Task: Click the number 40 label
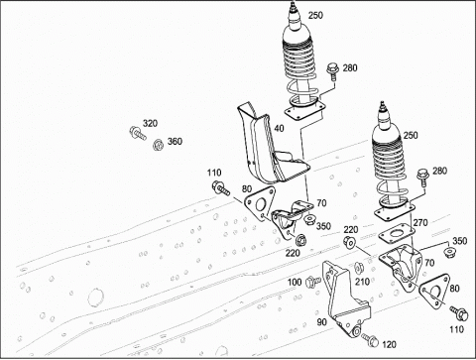coord(279,128)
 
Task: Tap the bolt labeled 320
coord(137,133)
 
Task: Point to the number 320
coord(150,124)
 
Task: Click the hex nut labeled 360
coord(159,145)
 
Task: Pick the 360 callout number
coord(175,142)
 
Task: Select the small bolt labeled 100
coord(313,282)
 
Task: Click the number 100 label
coord(295,282)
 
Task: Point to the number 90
coord(321,322)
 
